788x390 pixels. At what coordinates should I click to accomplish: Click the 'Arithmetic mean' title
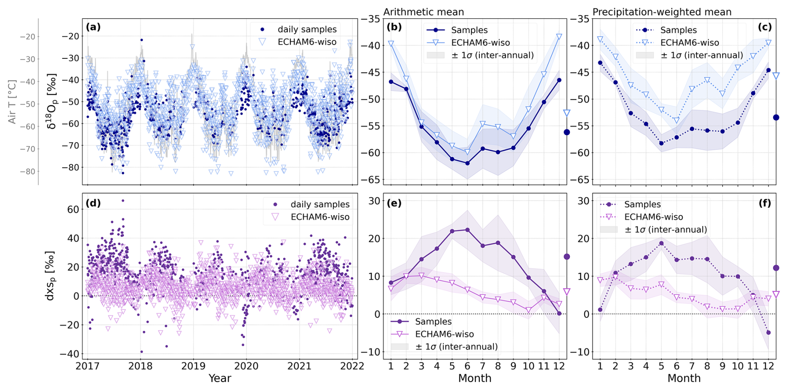[424, 12]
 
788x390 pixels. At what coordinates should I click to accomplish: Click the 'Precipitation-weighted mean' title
[662, 12]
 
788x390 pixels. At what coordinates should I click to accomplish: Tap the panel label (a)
[93, 28]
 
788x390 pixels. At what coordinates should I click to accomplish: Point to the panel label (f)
[765, 203]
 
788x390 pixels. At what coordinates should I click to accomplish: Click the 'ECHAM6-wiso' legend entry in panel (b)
[480, 43]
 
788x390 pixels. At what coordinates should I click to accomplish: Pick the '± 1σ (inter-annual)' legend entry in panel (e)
[456, 347]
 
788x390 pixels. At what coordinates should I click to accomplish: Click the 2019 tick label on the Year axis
[193, 366]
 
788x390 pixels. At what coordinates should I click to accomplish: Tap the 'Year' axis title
[220, 378]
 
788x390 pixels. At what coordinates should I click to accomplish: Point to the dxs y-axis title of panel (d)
[50, 276]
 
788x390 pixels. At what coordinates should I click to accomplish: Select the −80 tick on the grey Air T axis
[27, 171]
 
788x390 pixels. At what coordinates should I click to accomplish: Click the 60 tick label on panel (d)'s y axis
[73, 209]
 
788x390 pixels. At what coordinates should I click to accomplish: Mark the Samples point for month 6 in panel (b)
[467, 163]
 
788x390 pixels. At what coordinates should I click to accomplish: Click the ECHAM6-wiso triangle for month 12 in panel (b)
[559, 37]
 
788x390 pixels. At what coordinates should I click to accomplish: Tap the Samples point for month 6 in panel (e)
[467, 230]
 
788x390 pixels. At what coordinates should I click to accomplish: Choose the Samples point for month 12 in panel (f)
[768, 332]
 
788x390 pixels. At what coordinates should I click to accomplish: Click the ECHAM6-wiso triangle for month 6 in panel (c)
[676, 121]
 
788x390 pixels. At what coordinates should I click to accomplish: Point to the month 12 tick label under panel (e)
[559, 366]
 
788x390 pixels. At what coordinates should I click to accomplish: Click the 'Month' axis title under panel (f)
[684, 378]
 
